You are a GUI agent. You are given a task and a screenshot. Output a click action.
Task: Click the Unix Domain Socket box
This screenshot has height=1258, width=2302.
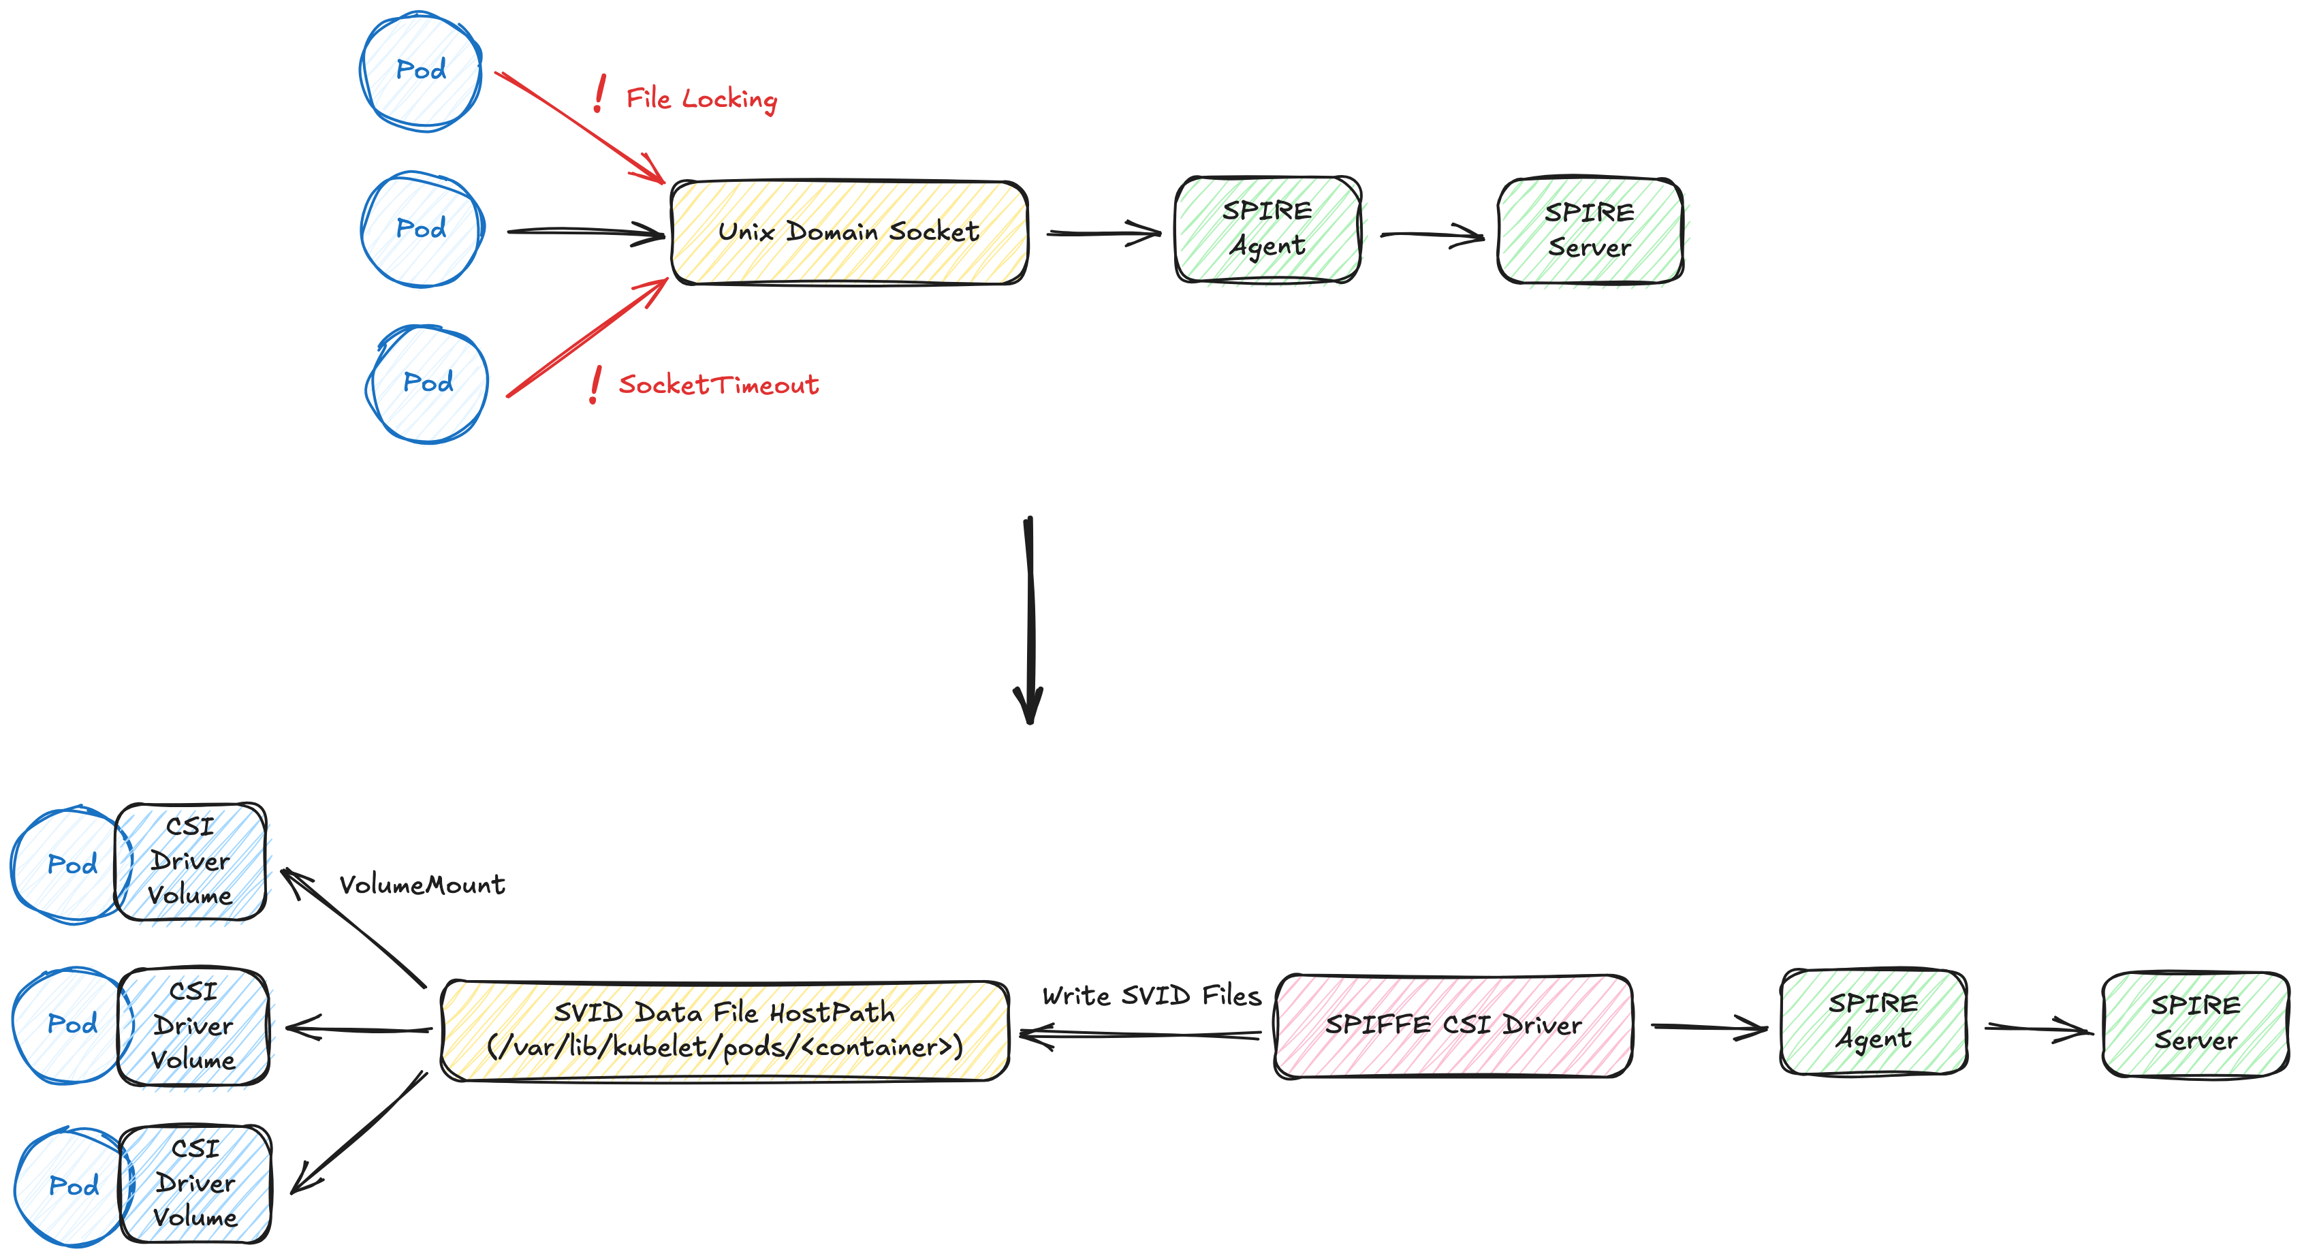[x=849, y=232]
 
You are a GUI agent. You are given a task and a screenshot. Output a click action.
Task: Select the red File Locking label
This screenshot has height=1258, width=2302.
[x=701, y=98]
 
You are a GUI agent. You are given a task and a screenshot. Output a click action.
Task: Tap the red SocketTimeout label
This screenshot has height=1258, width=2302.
[x=718, y=385]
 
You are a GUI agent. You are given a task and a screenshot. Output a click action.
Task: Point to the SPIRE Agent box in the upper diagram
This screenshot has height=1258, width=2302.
[x=1267, y=230]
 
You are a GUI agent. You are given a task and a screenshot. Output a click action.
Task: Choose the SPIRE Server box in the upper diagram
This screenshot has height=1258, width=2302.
[x=1589, y=230]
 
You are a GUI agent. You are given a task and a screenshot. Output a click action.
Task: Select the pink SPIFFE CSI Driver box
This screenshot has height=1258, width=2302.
[x=1453, y=1026]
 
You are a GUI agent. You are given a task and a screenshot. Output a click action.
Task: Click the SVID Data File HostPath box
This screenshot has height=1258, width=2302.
[x=725, y=1030]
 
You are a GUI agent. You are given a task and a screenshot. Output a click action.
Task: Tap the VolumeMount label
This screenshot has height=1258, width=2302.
[x=422, y=885]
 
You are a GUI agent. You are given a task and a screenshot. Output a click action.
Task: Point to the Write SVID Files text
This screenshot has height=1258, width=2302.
[x=1151, y=995]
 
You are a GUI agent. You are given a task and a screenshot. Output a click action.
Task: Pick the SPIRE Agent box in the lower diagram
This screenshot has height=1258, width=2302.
[x=1873, y=1021]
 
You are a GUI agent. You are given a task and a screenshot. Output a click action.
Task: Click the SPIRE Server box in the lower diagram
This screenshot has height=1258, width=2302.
[x=2195, y=1024]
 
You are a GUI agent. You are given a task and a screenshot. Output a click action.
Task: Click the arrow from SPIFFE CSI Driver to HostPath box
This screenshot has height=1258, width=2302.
[x=1140, y=1035]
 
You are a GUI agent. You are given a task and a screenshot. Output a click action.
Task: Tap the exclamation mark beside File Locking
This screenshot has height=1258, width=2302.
[x=599, y=94]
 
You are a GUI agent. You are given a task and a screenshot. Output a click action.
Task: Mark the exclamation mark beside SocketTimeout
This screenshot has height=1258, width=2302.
[x=595, y=385]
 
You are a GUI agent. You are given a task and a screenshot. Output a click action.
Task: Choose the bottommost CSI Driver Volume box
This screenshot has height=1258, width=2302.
[x=195, y=1184]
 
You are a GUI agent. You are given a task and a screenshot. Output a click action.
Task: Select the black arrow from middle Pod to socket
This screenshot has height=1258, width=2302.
[x=585, y=232]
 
